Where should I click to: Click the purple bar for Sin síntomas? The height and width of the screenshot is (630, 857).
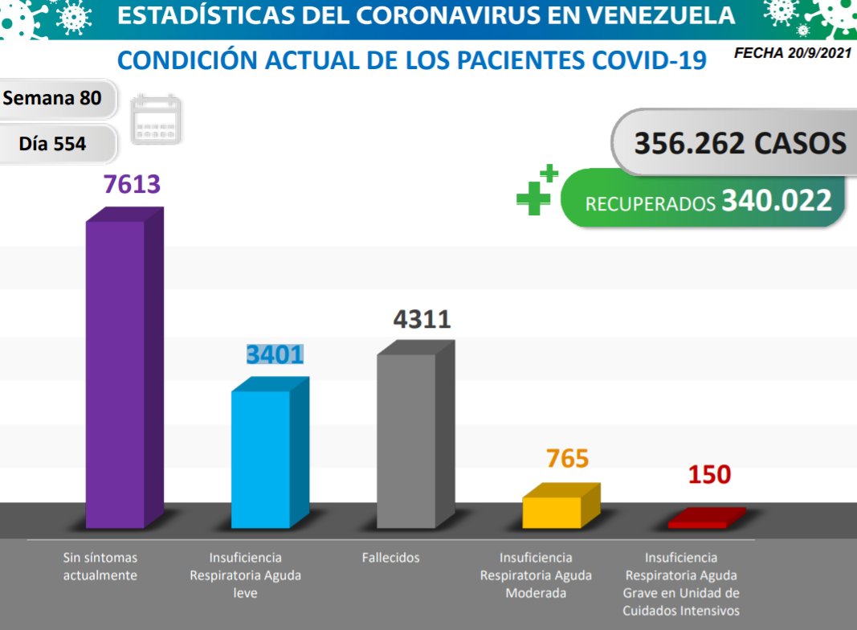click(x=116, y=374)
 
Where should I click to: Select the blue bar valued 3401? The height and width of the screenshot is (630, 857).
click(x=261, y=459)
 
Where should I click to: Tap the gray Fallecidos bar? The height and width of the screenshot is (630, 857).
click(x=406, y=440)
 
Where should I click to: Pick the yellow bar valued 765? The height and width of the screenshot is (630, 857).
click(x=552, y=511)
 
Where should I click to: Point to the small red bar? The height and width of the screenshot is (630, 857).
click(x=698, y=522)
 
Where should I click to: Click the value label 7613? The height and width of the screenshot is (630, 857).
click(x=132, y=184)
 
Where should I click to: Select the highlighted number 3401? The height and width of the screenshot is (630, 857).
click(x=275, y=354)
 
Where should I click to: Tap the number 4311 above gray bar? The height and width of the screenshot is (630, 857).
click(x=422, y=319)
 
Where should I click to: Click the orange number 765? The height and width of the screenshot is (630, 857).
click(x=567, y=459)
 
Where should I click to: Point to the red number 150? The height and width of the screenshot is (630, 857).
click(x=709, y=474)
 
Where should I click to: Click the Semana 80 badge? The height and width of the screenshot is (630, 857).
click(x=53, y=98)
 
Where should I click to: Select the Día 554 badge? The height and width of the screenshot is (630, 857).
click(x=53, y=144)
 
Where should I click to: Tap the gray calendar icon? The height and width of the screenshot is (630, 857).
click(x=156, y=120)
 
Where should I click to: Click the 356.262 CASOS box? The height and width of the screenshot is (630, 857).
click(x=739, y=143)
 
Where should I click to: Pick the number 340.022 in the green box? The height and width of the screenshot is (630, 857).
click(x=776, y=200)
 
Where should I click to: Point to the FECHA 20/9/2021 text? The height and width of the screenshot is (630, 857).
click(x=790, y=54)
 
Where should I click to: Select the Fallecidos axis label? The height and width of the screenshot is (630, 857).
click(x=390, y=557)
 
